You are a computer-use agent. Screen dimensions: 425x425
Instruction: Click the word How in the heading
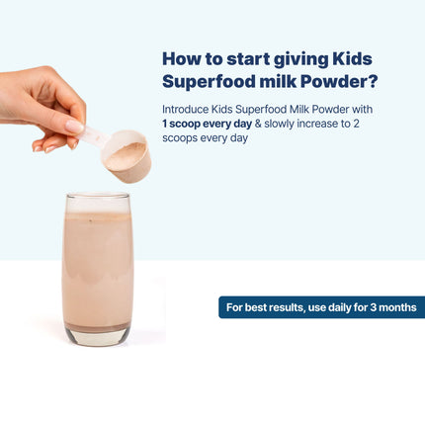180,58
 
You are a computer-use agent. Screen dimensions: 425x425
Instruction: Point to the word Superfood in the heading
204,81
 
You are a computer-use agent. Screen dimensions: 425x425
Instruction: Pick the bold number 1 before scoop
165,123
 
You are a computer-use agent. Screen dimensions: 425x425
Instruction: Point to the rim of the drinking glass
97,198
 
